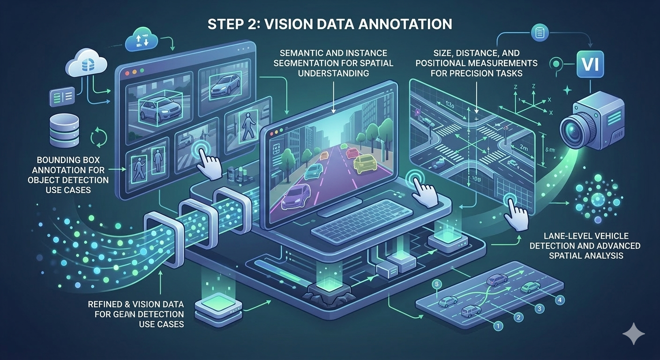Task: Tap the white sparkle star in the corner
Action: (634, 333)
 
